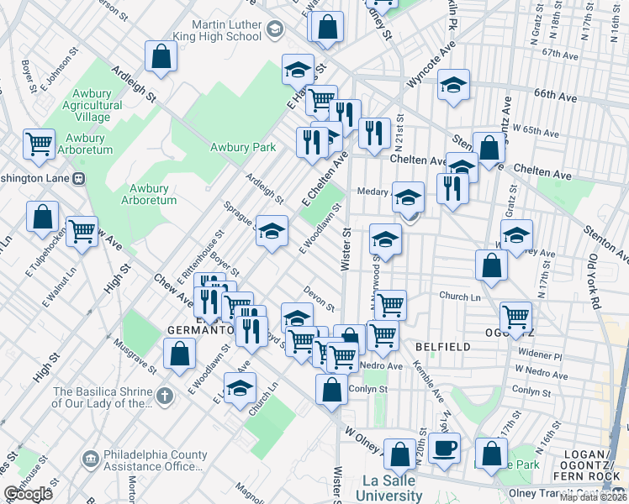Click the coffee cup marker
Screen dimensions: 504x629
point(444,447)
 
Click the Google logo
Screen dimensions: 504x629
point(28,494)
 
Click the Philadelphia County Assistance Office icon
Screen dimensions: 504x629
point(91,460)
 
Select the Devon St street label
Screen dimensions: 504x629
point(320,302)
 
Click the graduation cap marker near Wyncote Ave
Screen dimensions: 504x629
point(453,85)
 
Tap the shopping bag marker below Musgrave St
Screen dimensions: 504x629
point(179,353)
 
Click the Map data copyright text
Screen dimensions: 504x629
point(593,497)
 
